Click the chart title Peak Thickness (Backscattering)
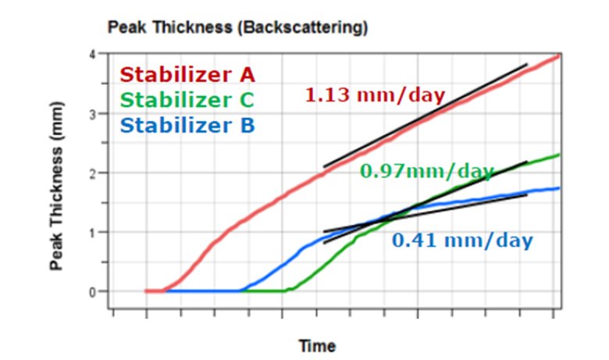(237, 29)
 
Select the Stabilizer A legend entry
(187, 76)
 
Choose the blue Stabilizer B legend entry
(187, 125)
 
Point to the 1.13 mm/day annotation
(375, 96)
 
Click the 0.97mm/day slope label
(426, 171)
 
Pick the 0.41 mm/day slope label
(462, 240)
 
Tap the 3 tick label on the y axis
(92, 114)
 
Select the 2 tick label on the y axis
(92, 173)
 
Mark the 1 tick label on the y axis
(92, 232)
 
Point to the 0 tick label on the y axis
(92, 291)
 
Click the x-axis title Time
(317, 346)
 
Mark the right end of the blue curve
(559, 187)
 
